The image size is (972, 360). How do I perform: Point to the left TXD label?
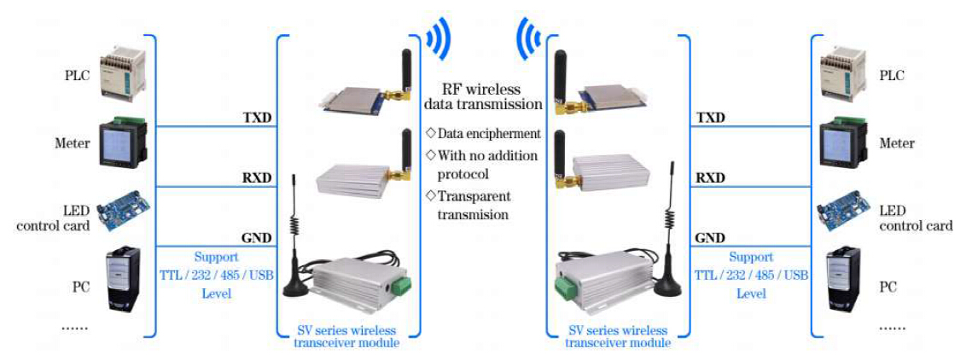(258, 118)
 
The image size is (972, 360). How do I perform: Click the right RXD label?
(710, 178)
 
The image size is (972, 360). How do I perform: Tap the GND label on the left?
(258, 238)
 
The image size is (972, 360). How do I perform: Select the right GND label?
(710, 238)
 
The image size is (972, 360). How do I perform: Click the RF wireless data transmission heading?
(483, 96)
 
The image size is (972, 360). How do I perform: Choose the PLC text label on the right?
(892, 75)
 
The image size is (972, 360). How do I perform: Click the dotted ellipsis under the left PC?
(75, 325)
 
